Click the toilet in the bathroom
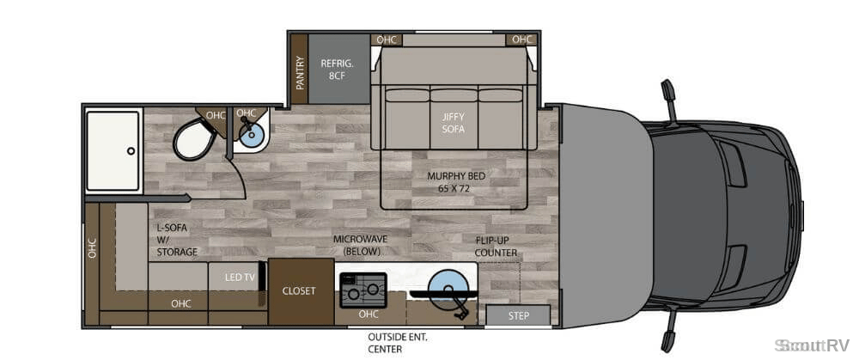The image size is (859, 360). [194, 138]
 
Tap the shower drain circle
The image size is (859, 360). [131, 150]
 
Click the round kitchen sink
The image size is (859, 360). [447, 286]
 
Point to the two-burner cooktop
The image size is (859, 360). [363, 290]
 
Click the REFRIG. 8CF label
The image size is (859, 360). [337, 70]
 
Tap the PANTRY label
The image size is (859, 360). [300, 72]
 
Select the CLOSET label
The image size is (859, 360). [299, 291]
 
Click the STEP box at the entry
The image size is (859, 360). [518, 316]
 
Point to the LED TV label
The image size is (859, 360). [240, 278]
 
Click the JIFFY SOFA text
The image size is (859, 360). [453, 123]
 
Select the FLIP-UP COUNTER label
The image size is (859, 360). [496, 247]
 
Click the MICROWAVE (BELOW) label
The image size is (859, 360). [362, 245]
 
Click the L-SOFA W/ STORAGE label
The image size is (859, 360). [176, 240]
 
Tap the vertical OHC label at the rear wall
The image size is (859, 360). [92, 247]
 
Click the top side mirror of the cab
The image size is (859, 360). [669, 98]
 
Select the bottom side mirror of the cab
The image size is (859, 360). [669, 332]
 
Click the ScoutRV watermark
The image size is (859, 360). [812, 345]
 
